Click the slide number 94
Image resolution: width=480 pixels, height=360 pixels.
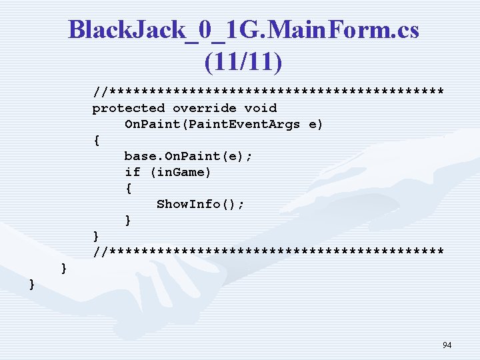pos(447,345)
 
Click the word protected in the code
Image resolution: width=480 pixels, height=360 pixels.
pos(128,108)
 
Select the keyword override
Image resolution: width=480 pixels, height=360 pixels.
pos(204,108)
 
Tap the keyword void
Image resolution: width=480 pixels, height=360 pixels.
pos(261,108)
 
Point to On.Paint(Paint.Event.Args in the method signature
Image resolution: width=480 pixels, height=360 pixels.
pos(212,124)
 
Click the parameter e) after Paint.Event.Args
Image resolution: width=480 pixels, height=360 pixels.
pos(316,124)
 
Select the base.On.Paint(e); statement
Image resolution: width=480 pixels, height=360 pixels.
pos(188,156)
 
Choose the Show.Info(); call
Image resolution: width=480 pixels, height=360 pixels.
pos(200,204)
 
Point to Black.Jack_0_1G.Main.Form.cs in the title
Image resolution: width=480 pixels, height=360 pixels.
pos(243,29)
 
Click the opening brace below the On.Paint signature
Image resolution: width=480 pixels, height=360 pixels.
pos(97,140)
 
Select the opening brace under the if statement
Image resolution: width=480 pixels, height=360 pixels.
pos(128,188)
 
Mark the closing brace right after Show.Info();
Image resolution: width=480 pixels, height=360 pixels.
pos(128,220)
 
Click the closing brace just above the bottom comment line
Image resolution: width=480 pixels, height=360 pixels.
pos(97,236)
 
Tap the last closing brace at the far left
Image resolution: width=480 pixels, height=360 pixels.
pos(33,284)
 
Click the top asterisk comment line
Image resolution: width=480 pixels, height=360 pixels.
pos(268,91)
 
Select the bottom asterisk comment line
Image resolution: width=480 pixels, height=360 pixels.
pos(268,252)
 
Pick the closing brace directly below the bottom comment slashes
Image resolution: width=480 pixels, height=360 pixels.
pos(64,268)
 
